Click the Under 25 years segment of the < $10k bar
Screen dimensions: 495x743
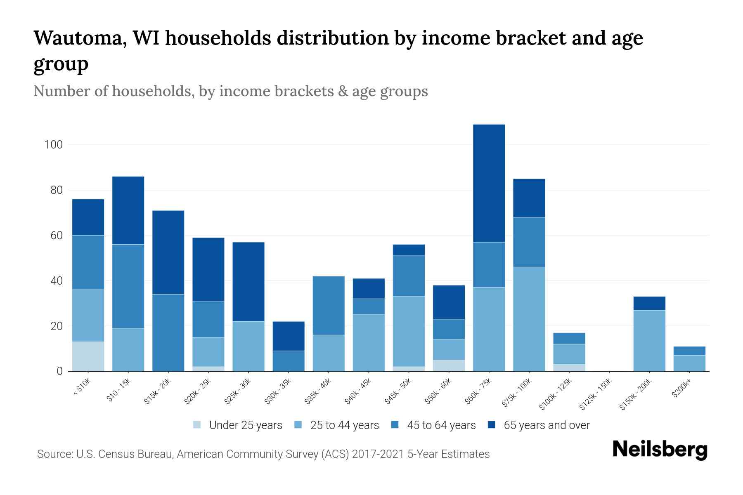tap(88, 356)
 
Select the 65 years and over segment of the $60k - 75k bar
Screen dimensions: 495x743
tap(489, 183)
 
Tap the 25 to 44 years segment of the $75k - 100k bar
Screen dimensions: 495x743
tap(529, 319)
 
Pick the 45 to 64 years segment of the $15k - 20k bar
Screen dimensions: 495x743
tap(168, 332)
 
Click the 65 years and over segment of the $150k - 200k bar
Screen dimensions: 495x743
tap(649, 303)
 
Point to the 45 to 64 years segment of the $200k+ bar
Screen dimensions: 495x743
tap(689, 351)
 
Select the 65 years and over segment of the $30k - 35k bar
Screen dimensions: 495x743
tap(289, 336)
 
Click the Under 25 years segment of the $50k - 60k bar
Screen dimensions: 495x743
tap(449, 365)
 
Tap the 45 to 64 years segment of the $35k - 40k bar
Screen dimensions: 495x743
tap(329, 305)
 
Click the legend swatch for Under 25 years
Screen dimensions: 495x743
tap(197, 425)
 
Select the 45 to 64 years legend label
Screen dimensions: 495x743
tap(441, 425)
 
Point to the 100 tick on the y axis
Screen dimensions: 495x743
tap(54, 145)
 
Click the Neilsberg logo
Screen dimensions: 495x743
tap(660, 450)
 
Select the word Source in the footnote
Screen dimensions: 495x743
tap(54, 454)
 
